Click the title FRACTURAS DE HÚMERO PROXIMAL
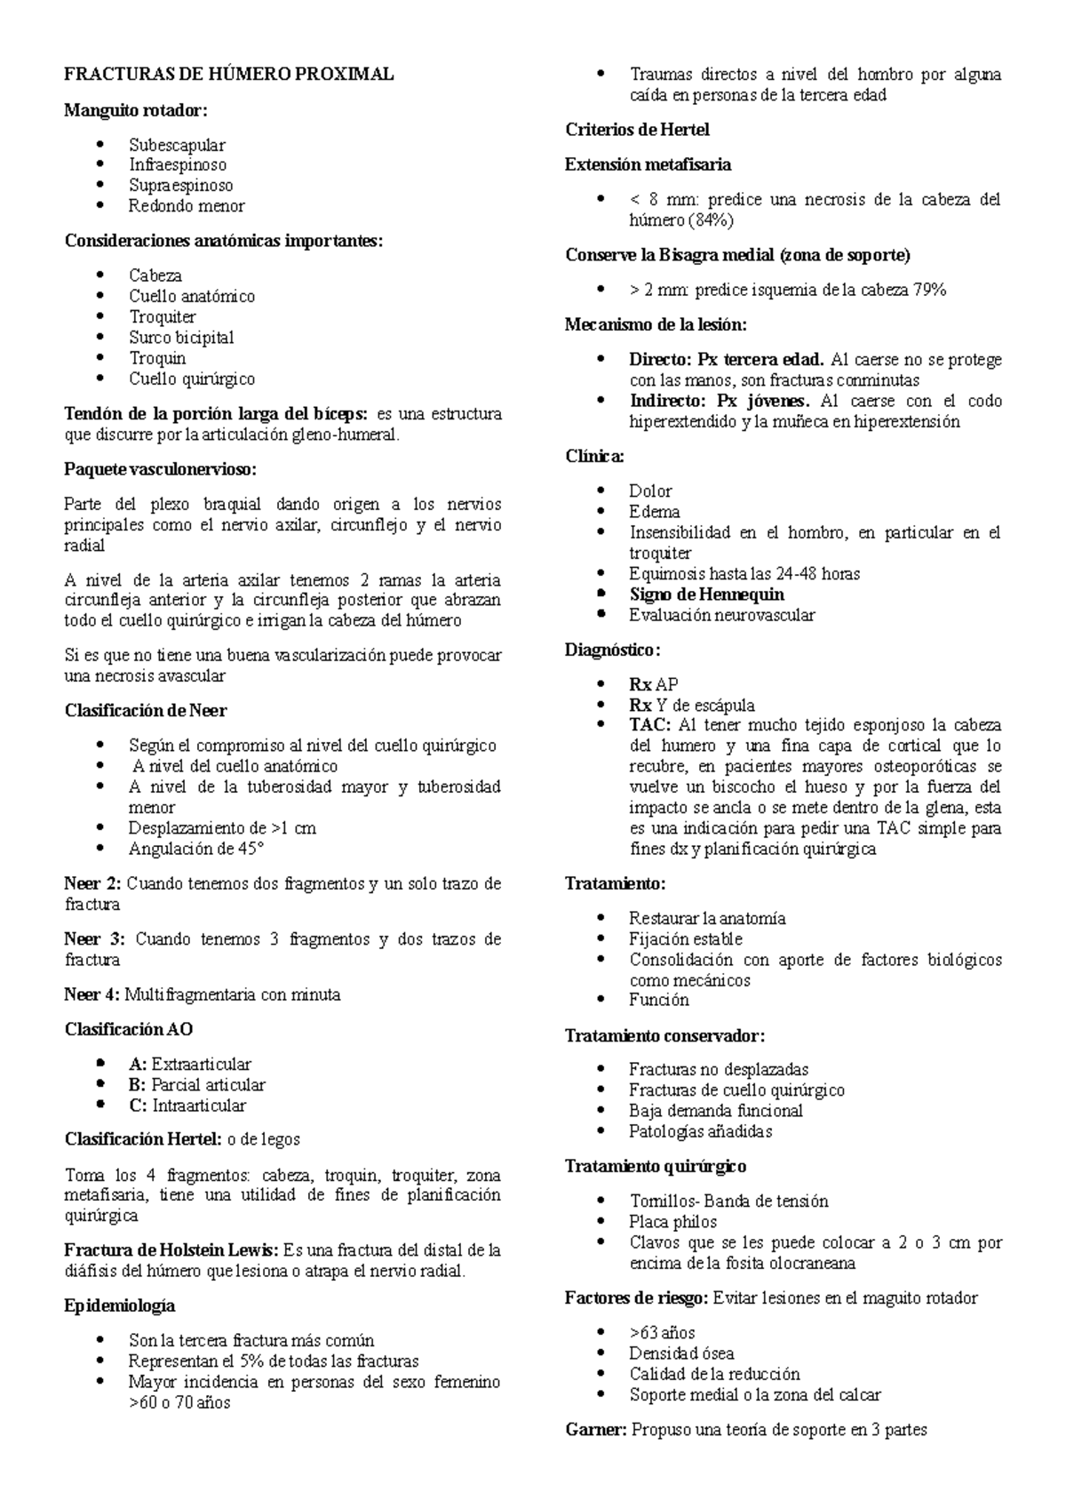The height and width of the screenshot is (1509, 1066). click(x=228, y=75)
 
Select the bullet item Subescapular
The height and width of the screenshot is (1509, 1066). click(x=177, y=145)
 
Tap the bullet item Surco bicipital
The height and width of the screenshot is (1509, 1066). click(x=181, y=338)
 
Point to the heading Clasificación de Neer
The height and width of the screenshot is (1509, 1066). click(x=146, y=711)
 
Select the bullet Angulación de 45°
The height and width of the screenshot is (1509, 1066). click(x=196, y=849)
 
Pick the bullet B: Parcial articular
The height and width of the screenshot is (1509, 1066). click(x=196, y=1085)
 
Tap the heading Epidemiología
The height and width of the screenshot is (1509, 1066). click(x=120, y=1306)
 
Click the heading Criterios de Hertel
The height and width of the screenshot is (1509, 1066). click(x=637, y=130)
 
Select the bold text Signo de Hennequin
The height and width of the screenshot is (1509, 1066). click(x=706, y=595)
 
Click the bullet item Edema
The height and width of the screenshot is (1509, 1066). click(x=654, y=512)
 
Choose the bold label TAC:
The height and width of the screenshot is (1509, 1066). click(x=650, y=725)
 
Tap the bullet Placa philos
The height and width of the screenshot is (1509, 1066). click(x=672, y=1222)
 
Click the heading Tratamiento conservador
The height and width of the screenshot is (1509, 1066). click(x=664, y=1036)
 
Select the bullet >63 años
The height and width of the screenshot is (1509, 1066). click(x=662, y=1333)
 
